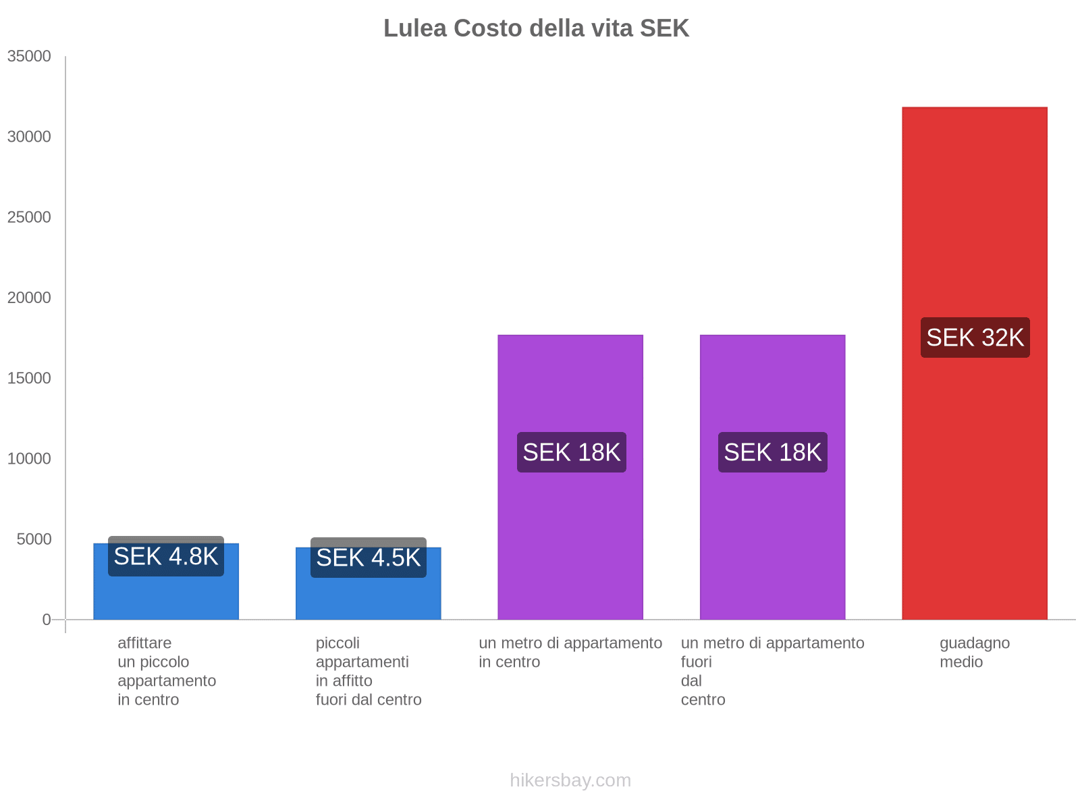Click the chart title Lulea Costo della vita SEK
[x=536, y=28]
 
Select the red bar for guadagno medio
[x=974, y=473]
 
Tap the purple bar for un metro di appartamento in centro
[x=570, y=540]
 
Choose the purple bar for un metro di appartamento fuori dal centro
[x=772, y=540]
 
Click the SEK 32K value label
[x=975, y=337]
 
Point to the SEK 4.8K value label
[x=166, y=556]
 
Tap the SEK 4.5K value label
[x=369, y=558]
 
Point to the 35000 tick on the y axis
[x=29, y=56]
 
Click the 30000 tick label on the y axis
[x=29, y=136]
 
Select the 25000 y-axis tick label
[x=29, y=217]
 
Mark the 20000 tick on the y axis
[x=29, y=298]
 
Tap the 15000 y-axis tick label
[x=29, y=378]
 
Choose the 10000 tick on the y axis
[x=29, y=458]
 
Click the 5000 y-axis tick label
[x=34, y=539]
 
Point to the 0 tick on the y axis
[x=47, y=619]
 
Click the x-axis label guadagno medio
[x=974, y=652]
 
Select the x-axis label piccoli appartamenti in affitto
[x=368, y=671]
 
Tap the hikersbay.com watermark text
[x=570, y=780]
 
